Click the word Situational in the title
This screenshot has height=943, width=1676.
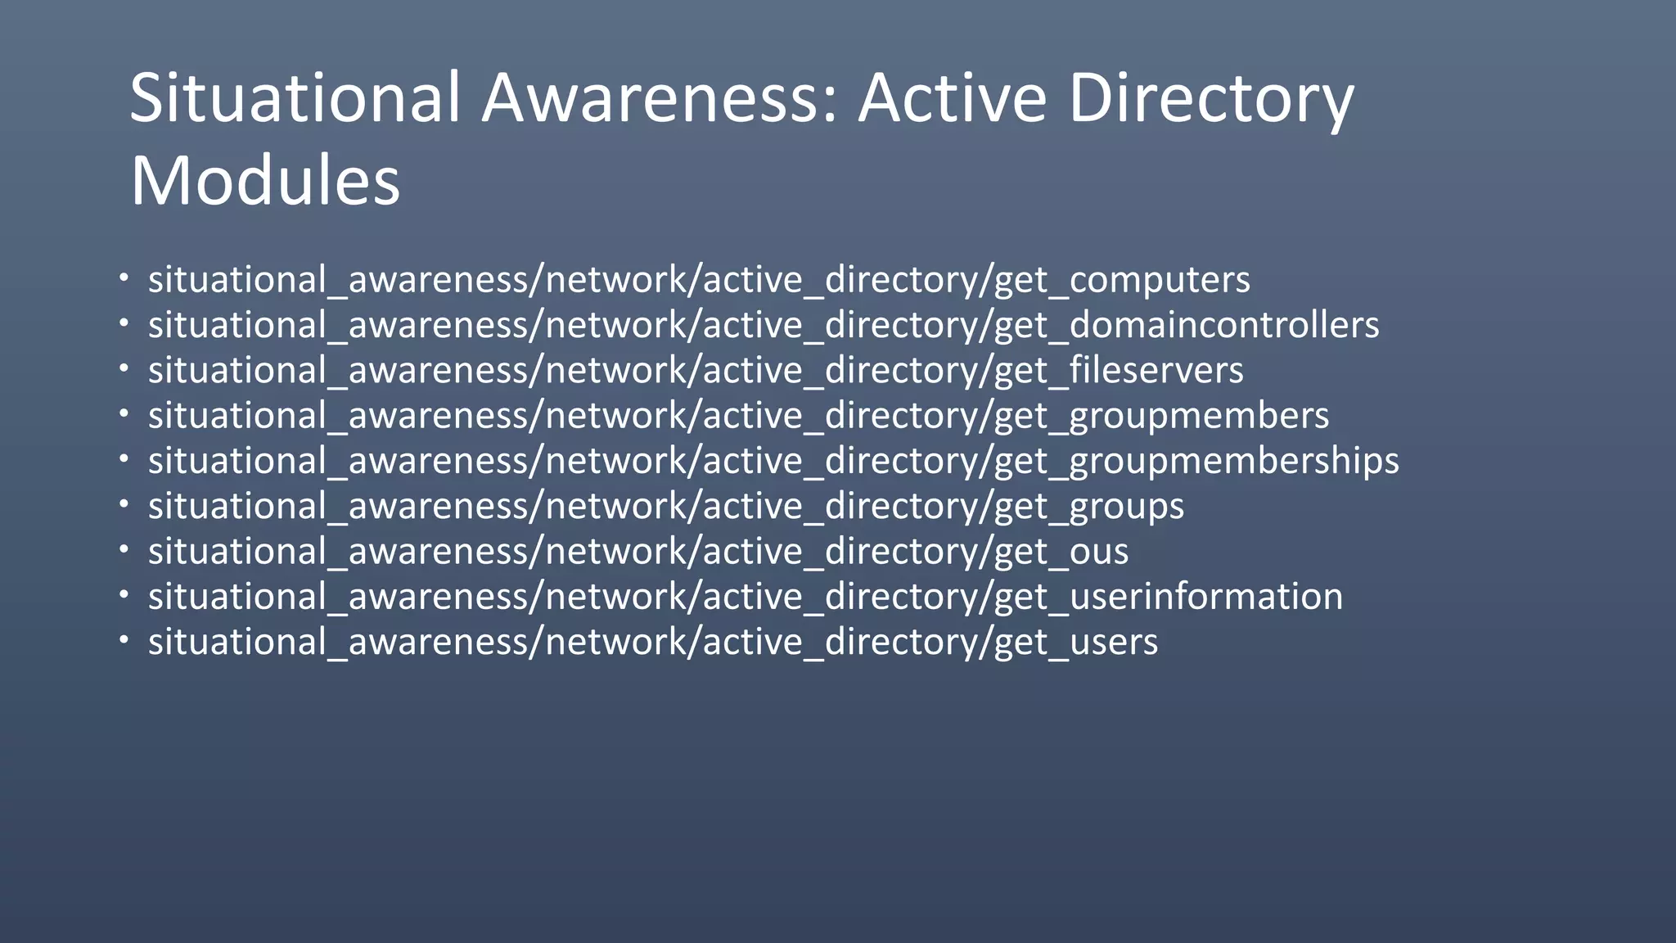click(295, 98)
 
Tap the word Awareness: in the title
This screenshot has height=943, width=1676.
click(660, 98)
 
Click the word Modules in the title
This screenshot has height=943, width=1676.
click(265, 181)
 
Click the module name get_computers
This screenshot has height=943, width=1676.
click(1122, 281)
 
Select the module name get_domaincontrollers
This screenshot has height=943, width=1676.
click(1187, 326)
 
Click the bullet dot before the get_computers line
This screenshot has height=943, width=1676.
click(124, 277)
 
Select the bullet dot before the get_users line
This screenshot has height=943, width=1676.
click(124, 639)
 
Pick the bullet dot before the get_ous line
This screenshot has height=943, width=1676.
click(124, 549)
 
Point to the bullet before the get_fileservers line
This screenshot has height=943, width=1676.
click(124, 368)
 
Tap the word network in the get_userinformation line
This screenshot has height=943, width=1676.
click(618, 597)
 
